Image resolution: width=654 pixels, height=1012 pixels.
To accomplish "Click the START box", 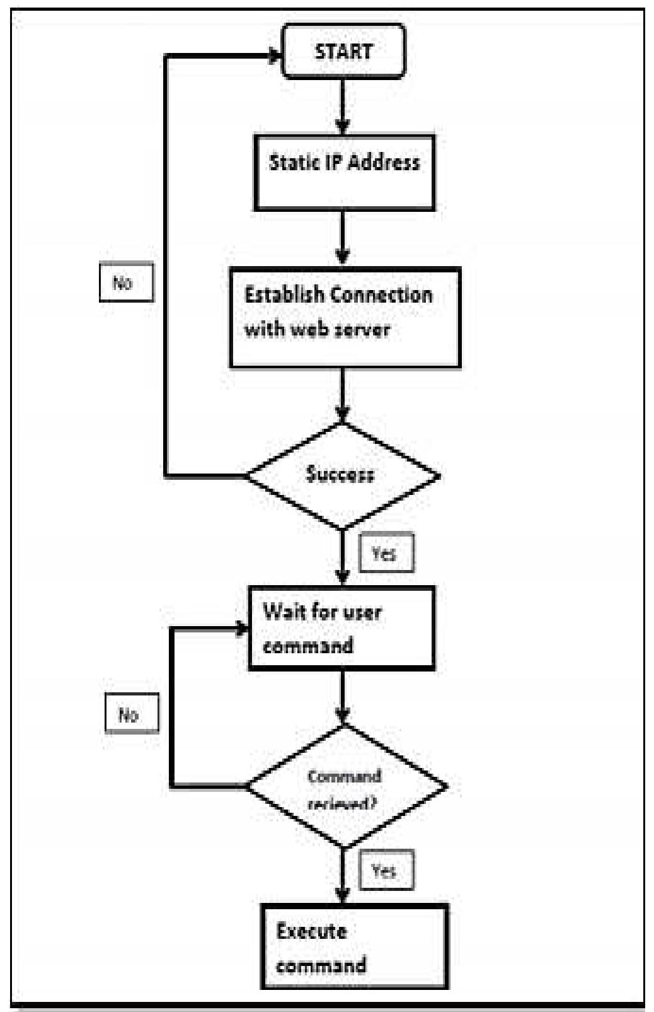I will point(343,51).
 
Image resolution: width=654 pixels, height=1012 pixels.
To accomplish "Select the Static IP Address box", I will point(344,172).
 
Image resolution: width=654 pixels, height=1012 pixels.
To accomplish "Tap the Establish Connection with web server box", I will point(345,317).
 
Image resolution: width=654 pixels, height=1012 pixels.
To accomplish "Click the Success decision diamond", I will point(341,475).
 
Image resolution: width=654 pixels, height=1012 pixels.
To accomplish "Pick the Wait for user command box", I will point(341,628).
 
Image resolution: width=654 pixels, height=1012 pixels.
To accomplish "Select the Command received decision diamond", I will point(345,786).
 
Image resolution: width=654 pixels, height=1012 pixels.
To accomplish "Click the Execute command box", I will point(355,946).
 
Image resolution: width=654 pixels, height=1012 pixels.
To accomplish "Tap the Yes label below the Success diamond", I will point(386,553).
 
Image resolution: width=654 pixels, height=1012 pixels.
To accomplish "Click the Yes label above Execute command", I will point(386,870).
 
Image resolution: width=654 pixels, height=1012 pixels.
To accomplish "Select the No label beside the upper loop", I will point(126,282).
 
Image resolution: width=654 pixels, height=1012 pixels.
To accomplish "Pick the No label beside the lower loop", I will point(131,714).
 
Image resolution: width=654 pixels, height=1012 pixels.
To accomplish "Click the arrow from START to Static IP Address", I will point(342,105).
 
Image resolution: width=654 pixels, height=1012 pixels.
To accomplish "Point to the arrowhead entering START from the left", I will point(275,56).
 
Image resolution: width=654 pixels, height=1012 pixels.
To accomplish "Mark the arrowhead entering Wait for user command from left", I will point(242,628).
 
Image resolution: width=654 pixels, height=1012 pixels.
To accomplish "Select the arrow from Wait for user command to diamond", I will point(342,696).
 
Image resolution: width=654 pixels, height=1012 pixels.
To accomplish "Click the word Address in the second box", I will point(383,162).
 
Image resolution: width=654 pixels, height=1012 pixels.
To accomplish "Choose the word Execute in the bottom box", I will point(311,931).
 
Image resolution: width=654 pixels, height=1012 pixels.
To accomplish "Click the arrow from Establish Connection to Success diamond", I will point(342,394).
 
